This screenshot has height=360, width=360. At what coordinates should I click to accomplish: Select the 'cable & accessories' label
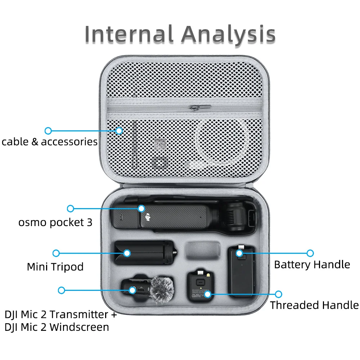(x=49, y=141)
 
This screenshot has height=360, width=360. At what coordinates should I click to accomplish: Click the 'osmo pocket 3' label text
(x=55, y=222)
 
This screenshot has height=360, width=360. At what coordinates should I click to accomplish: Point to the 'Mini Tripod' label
(x=55, y=267)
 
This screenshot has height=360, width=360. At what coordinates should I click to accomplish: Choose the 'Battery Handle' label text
(x=312, y=265)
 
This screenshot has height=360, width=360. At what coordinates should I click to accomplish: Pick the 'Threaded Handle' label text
(x=314, y=305)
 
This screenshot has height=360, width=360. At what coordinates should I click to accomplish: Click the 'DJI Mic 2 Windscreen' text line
(x=57, y=327)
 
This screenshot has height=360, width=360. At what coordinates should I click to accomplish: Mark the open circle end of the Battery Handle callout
(x=310, y=253)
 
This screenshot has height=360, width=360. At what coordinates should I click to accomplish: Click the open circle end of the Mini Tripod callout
(x=56, y=253)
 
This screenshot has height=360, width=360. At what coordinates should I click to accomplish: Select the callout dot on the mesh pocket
(x=119, y=131)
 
